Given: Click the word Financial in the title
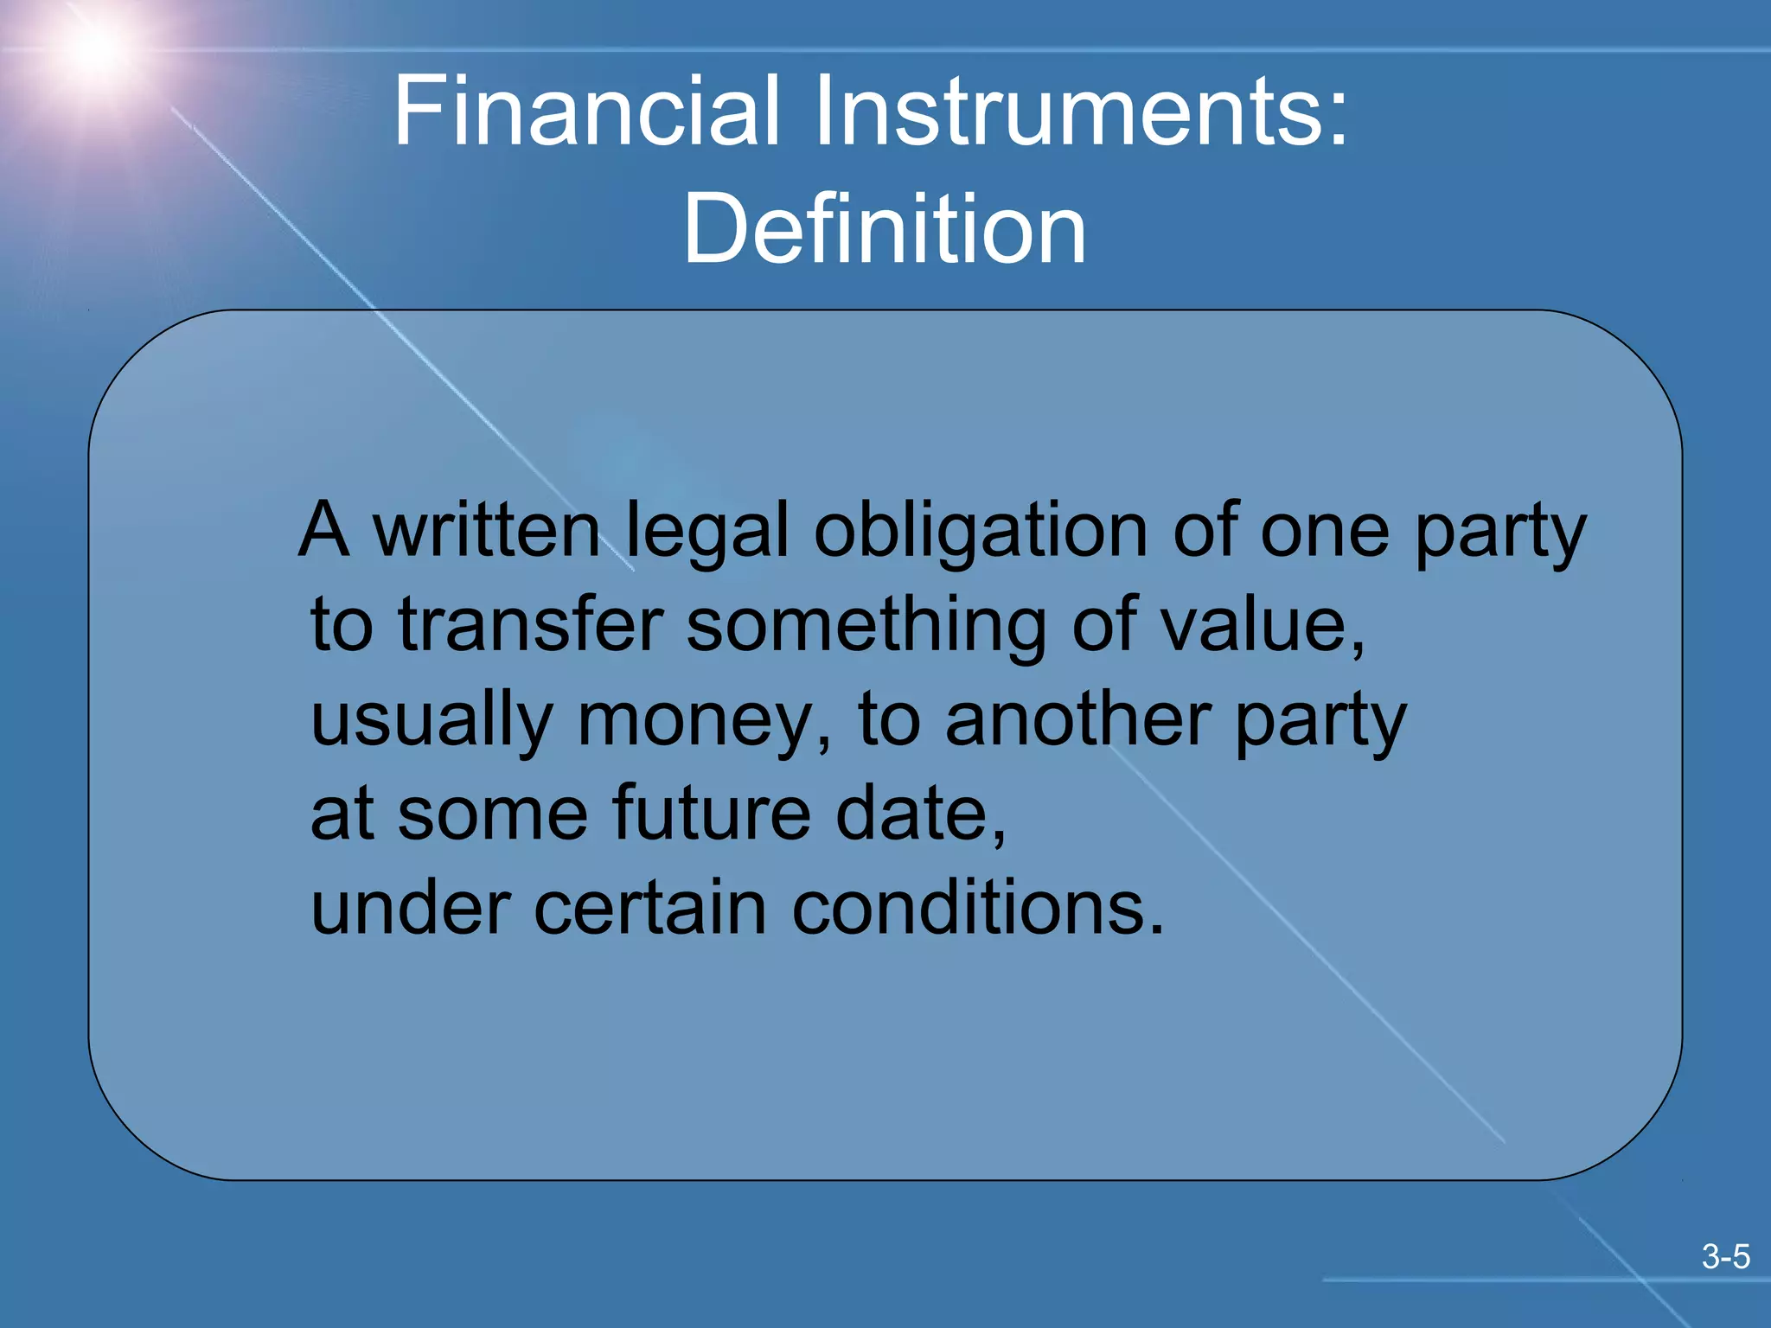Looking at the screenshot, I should coord(587,111).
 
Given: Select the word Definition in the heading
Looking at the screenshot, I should coord(885,228).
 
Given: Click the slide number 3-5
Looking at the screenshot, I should coord(1725,1256).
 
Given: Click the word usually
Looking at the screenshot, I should coord(432,723).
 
